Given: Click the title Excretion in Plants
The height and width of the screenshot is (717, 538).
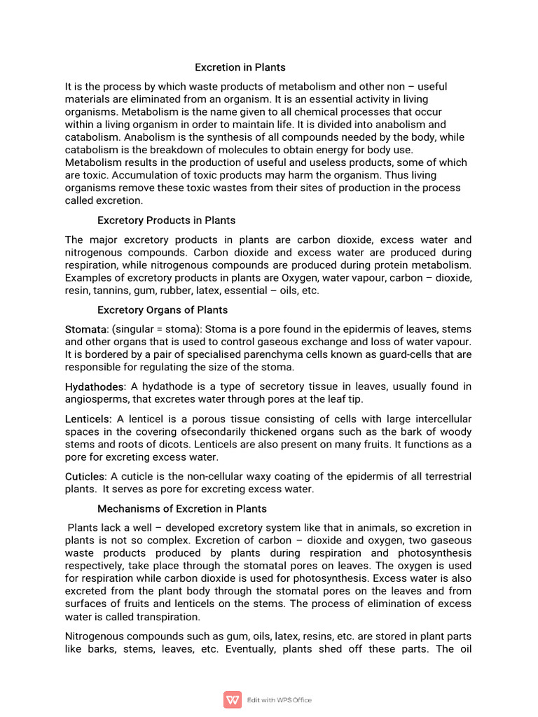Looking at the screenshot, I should click(240, 68).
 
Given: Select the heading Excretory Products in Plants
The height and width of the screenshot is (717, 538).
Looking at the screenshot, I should click(166, 221).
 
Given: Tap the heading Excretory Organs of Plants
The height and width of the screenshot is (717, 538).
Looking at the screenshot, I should click(163, 309).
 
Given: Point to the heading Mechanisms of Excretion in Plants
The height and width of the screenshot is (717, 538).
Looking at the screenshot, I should click(182, 508).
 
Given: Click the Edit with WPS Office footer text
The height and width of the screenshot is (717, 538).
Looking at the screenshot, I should click(280, 700).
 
